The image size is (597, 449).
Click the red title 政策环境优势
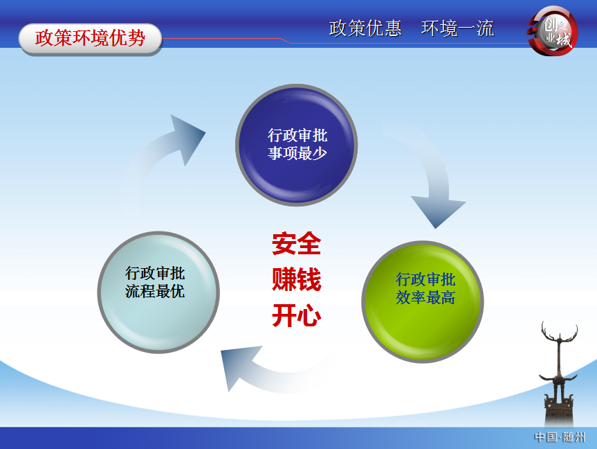[x=90, y=38]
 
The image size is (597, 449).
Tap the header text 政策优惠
[x=365, y=28]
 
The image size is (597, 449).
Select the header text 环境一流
[x=458, y=28]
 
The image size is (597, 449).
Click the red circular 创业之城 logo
[x=553, y=31]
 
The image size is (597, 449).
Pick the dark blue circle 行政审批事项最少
[x=297, y=145]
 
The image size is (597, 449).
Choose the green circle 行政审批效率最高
[x=423, y=301]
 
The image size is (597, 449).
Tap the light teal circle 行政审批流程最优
[x=159, y=292]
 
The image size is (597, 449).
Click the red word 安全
[x=297, y=243]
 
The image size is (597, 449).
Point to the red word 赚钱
[x=297, y=279]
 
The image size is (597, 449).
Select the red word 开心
[x=297, y=315]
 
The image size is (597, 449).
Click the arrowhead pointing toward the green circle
[x=438, y=212]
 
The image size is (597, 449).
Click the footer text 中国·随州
[x=560, y=437]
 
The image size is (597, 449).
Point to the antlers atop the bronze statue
[x=560, y=331]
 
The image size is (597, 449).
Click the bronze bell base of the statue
[x=559, y=410]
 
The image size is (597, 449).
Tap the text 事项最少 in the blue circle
[x=297, y=153]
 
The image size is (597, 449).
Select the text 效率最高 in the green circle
[x=425, y=297]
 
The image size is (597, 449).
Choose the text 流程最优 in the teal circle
[x=155, y=292]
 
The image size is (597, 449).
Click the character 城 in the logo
[x=563, y=39]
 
